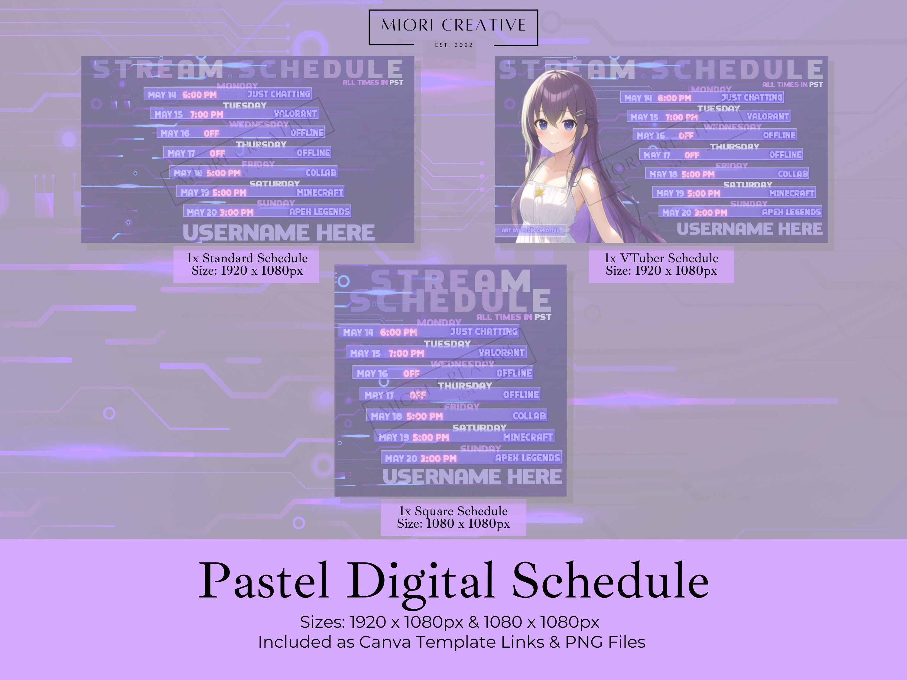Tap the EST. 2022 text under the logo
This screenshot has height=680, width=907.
coord(454,45)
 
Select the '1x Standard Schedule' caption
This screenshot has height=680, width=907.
coord(247,258)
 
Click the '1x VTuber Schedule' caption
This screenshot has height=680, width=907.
coord(661,258)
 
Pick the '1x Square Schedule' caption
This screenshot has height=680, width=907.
coord(453,511)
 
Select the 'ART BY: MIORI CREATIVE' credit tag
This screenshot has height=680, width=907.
coord(530,230)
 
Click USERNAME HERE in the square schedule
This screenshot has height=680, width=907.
coord(472,476)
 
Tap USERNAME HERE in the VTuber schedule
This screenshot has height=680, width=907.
coord(749,229)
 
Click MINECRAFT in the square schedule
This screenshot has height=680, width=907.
coord(528,437)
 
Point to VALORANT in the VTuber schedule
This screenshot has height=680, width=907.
coord(767,116)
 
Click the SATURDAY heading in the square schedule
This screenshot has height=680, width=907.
coord(479,428)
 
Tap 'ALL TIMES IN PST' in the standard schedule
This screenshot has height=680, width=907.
coord(373,83)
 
